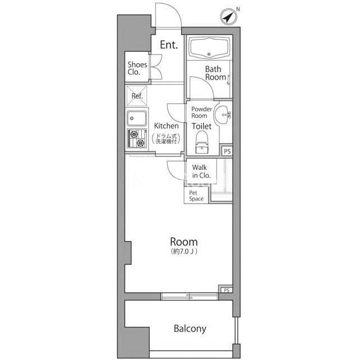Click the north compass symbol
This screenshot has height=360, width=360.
pyautogui.click(x=228, y=17)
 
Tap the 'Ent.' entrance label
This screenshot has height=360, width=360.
pyautogui.click(x=169, y=45)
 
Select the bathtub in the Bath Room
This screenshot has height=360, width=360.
pyautogui.click(x=209, y=48)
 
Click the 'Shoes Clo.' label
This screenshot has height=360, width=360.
pyautogui.click(x=137, y=68)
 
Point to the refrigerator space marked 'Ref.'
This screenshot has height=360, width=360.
pyautogui.click(x=137, y=96)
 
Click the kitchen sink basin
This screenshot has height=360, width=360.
pyautogui.click(x=137, y=118)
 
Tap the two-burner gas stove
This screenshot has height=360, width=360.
pyautogui.click(x=137, y=138)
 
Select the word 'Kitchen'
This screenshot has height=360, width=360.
pyautogui.click(x=166, y=126)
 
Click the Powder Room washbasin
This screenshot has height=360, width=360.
pyautogui.click(x=223, y=115)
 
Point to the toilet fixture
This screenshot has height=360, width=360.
pyautogui.click(x=202, y=142)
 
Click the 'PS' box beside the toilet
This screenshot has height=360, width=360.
pyautogui.click(x=227, y=151)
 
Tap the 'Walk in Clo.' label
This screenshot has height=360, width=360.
pyautogui.click(x=201, y=171)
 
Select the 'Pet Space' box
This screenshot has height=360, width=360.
pyautogui.click(x=196, y=196)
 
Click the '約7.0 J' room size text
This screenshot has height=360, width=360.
pyautogui.click(x=184, y=251)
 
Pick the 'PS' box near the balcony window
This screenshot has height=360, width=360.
pyautogui.click(x=227, y=290)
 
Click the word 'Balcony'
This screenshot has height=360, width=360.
pyautogui.click(x=190, y=328)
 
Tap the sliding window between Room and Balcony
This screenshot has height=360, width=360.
pyautogui.click(x=190, y=296)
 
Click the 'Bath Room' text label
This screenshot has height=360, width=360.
pyautogui.click(x=215, y=73)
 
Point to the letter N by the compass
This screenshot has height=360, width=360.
pyautogui.click(x=238, y=9)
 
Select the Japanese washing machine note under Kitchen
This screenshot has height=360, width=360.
pyautogui.click(x=166, y=139)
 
